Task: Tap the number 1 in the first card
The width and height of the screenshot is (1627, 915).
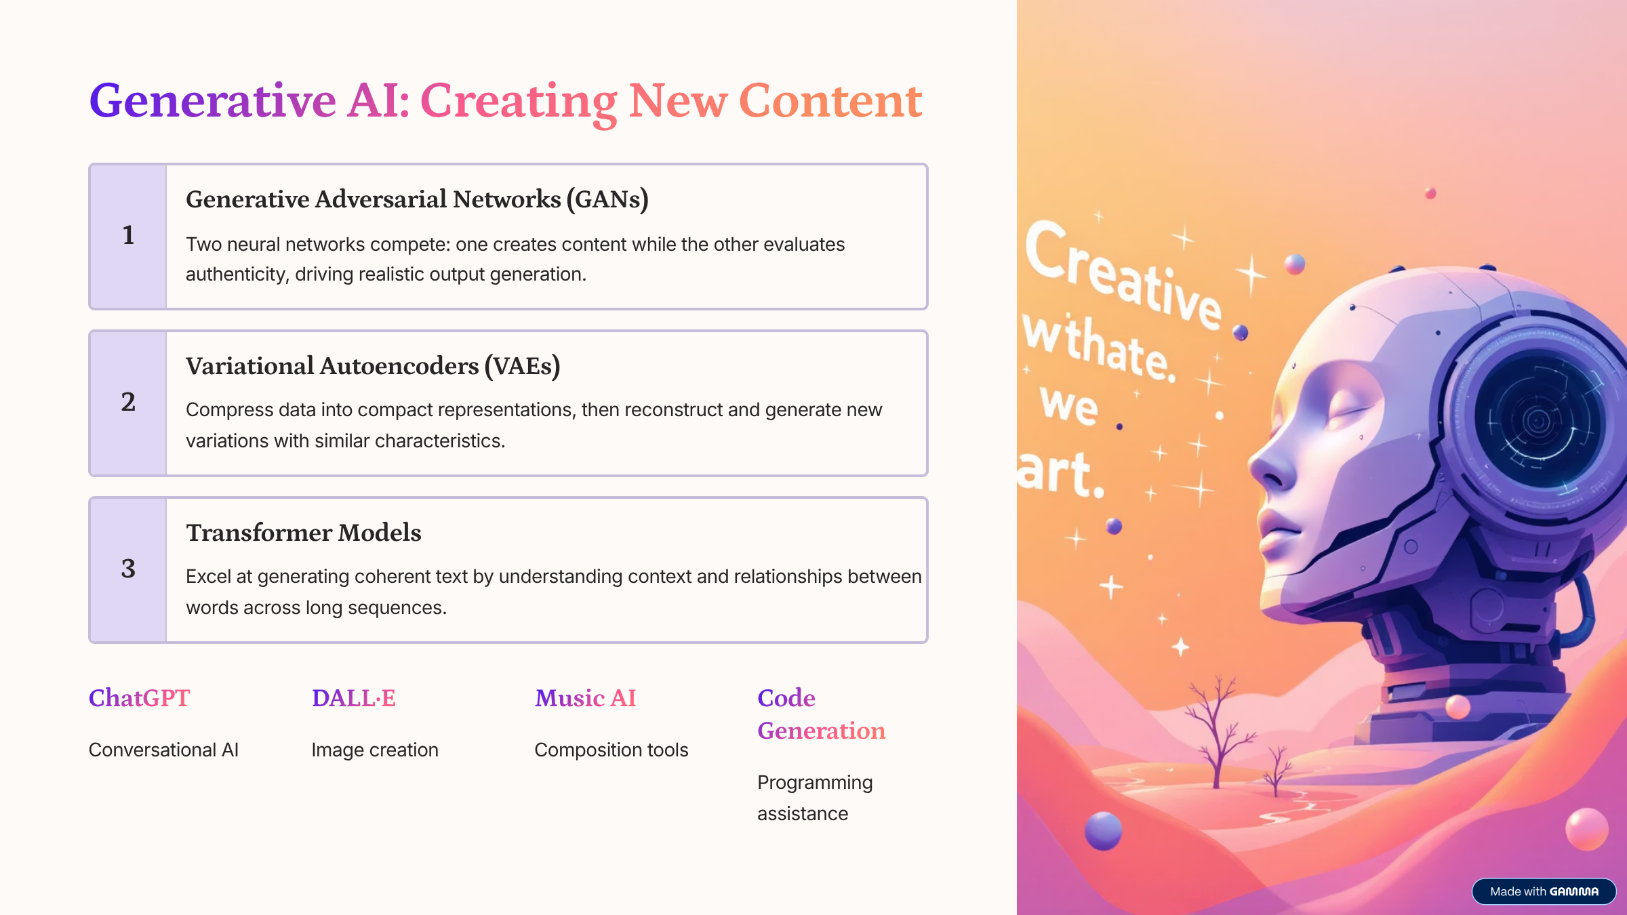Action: [128, 235]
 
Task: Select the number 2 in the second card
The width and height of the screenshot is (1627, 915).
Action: [128, 402]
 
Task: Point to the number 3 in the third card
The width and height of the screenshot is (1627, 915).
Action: [128, 569]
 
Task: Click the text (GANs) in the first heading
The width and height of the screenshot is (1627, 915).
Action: [607, 199]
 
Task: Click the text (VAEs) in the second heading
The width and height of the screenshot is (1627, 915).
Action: [522, 366]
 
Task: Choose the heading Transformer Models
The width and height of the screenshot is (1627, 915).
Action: [304, 533]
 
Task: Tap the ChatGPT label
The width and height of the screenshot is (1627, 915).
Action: [139, 698]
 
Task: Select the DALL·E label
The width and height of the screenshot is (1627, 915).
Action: [353, 698]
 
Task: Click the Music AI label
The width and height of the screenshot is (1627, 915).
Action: [585, 698]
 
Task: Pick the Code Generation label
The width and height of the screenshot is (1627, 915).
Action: [821, 714]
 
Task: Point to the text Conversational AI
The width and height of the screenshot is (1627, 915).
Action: [163, 750]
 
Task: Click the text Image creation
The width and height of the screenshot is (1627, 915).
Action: [375, 750]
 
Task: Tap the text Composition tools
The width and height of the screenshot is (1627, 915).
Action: [611, 750]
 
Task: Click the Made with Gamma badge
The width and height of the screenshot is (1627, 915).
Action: [1544, 891]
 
